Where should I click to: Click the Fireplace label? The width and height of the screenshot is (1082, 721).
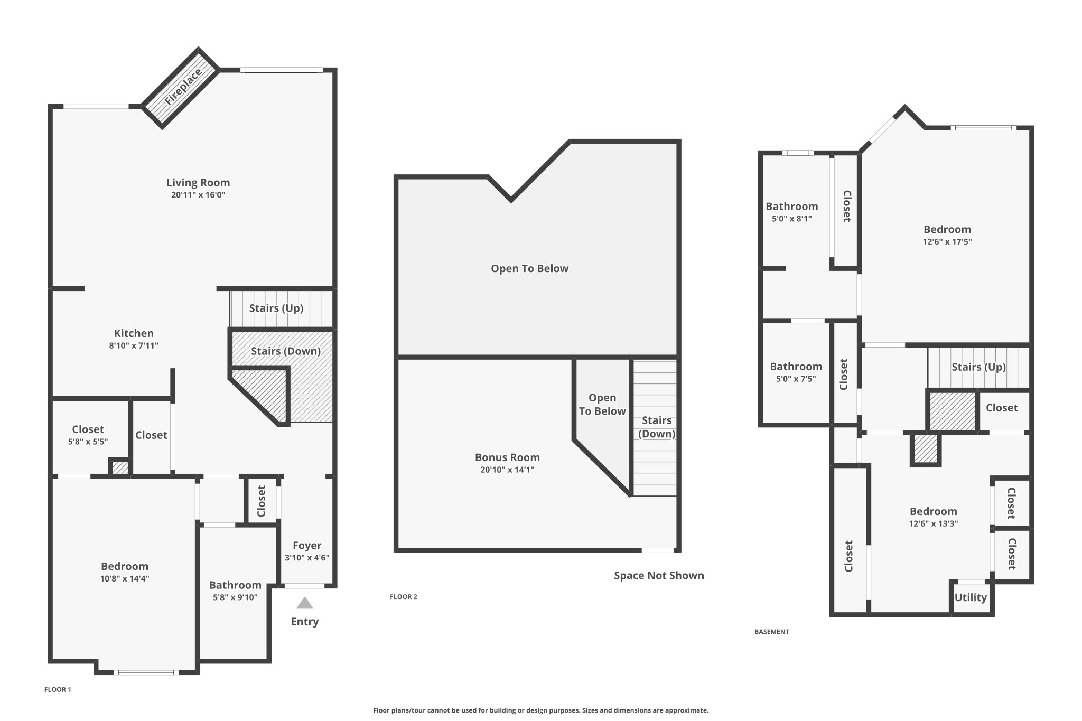(x=183, y=87)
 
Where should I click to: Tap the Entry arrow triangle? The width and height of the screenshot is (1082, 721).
(x=305, y=603)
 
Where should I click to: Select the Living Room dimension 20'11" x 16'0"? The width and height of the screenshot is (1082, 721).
(x=198, y=195)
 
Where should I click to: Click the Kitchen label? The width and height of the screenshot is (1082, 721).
(x=134, y=333)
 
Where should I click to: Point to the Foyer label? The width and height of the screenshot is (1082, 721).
(x=307, y=546)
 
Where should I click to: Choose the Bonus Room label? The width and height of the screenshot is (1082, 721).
(x=507, y=457)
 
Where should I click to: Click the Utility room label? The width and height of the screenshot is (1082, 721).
(x=971, y=597)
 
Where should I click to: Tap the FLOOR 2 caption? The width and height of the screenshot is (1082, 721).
(x=404, y=597)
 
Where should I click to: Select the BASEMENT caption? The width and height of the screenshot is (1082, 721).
(x=772, y=632)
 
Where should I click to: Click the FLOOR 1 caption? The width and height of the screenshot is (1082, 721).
(x=58, y=689)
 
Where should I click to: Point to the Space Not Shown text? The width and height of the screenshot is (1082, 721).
(x=659, y=576)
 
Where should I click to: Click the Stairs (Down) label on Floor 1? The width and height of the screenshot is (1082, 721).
(x=286, y=351)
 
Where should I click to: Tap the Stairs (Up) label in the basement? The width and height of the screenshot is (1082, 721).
(x=978, y=367)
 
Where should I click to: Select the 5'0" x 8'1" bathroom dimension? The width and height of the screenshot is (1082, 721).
(x=791, y=219)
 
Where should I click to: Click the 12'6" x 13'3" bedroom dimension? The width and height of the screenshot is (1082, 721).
(x=933, y=524)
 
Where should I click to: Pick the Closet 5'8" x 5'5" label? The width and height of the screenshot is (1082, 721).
(x=88, y=429)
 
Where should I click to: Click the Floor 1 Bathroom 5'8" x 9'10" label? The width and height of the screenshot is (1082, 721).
(x=235, y=585)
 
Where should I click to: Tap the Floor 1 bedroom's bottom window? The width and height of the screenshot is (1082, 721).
(x=146, y=672)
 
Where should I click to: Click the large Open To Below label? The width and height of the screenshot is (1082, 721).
(x=530, y=268)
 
